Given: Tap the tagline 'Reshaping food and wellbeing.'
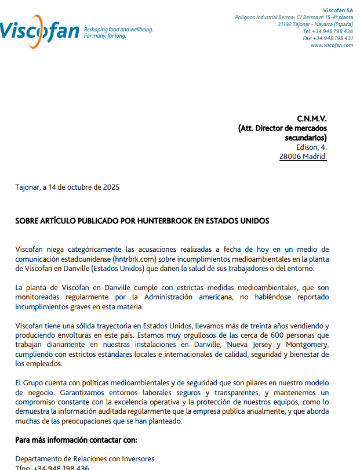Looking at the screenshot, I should coord(118,29).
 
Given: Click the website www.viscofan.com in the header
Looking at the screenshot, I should coord(332,45).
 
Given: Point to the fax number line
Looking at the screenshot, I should coord(328,38).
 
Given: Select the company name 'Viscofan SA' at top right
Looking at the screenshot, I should coord(338,10).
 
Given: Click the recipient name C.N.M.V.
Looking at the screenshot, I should coord(312,119).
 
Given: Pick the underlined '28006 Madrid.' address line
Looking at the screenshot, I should coord(303,156).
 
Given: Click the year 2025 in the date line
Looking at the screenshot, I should coord(111,187).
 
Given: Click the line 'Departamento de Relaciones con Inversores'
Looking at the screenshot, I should coord(85,458).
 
